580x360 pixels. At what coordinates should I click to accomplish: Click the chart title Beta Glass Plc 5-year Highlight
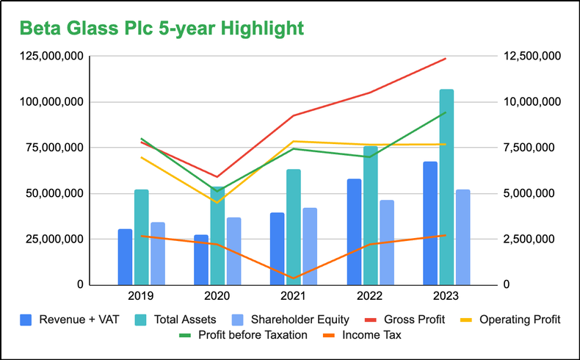[161, 28]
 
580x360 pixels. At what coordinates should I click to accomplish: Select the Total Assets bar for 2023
[446, 187]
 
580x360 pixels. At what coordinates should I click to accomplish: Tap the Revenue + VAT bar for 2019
[126, 257]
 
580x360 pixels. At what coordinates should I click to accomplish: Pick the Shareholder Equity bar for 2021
[310, 246]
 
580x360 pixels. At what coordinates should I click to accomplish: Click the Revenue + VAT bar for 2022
[354, 231]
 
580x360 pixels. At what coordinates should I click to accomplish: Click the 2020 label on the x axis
[217, 296]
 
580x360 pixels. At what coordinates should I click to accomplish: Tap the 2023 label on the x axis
[446, 296]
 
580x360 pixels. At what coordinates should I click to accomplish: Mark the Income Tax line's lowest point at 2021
[294, 278]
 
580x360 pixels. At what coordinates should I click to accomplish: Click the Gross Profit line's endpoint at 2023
[446, 59]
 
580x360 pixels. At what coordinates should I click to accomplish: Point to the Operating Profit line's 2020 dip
[217, 202]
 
